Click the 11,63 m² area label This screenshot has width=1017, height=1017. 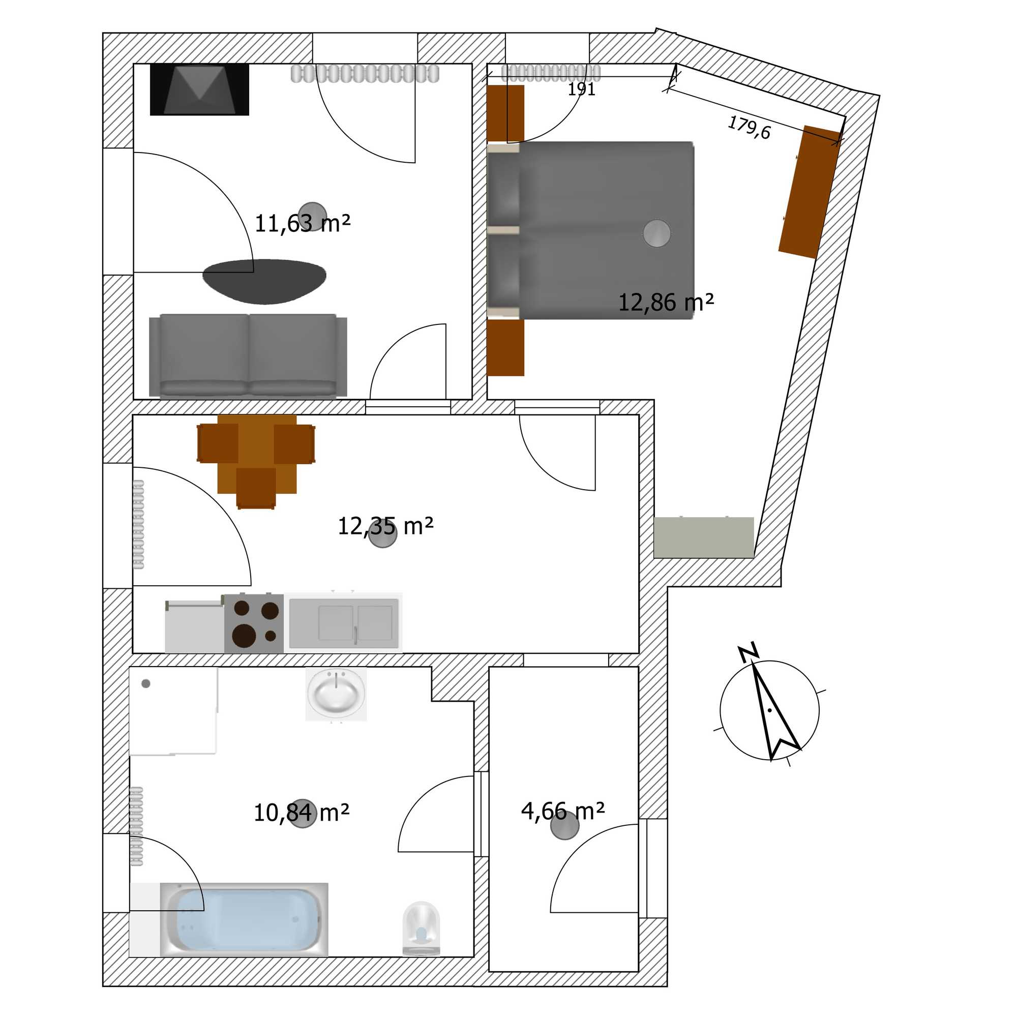(302, 224)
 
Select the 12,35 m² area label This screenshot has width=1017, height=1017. (385, 526)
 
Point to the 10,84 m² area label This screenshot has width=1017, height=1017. (301, 813)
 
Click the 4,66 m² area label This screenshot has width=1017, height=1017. (562, 811)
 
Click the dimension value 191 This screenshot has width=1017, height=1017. (581, 89)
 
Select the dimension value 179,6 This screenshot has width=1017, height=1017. (749, 128)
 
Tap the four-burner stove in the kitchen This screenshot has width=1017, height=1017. (254, 624)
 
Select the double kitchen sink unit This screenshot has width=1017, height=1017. (344, 623)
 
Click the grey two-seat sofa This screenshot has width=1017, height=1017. (248, 355)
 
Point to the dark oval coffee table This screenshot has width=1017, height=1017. (264, 282)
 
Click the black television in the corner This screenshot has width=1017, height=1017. (199, 89)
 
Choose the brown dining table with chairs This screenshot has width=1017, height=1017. (256, 455)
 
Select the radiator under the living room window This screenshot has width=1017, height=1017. (365, 74)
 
